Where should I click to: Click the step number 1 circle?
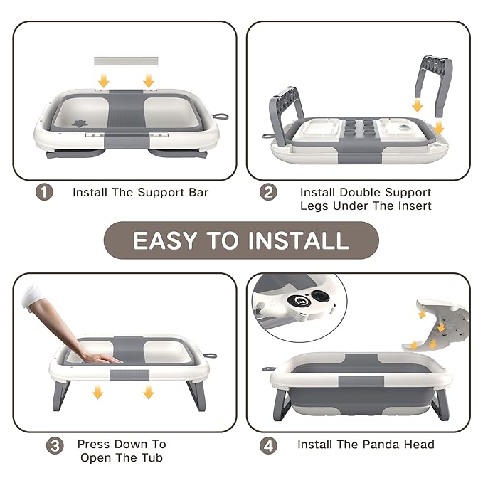coord(44,192)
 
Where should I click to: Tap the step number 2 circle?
coord(268,192)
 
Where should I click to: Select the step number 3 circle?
coord(55,446)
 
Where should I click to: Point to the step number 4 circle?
coord(268,446)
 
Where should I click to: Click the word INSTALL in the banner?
coord(299,240)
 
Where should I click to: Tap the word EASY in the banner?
coord(165,240)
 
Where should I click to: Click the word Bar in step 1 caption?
coord(198,193)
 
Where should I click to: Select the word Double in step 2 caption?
coord(360,193)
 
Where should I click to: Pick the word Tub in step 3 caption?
coord(152,457)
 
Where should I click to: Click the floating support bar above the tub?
coord(126,61)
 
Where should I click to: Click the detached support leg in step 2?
coord(433,83)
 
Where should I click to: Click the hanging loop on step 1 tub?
coord(221,117)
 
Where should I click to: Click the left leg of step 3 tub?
coord(61,396)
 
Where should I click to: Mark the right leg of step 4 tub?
coord(440,403)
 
